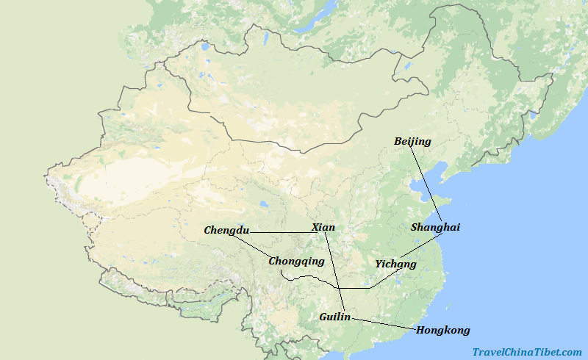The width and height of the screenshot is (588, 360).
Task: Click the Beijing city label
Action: [x=412, y=141]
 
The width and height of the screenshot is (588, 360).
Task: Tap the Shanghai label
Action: [x=435, y=227]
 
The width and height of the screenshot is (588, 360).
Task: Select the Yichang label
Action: [x=395, y=264]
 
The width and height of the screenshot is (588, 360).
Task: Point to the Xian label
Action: [x=323, y=227]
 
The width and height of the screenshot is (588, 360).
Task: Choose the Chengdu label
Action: [x=226, y=231]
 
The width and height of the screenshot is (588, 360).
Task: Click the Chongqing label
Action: [x=296, y=261]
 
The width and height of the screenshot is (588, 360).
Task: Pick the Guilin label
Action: [x=334, y=317]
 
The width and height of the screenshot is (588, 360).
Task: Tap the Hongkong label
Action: [x=442, y=330]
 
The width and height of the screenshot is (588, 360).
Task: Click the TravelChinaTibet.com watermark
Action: [x=526, y=352]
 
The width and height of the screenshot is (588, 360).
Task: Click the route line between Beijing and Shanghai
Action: [x=426, y=184]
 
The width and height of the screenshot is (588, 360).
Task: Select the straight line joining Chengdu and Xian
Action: [x=279, y=232]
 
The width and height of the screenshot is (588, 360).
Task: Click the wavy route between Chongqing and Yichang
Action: [x=331, y=282]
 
